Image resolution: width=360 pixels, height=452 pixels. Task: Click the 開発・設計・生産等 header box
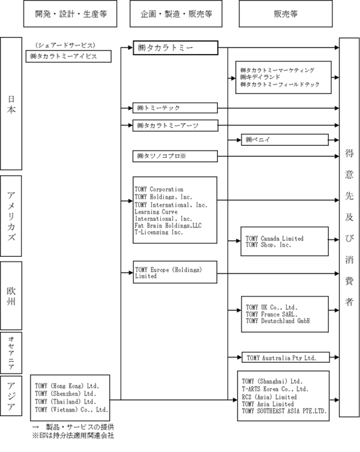(70, 14)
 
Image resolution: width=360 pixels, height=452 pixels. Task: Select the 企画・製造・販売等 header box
(176, 14)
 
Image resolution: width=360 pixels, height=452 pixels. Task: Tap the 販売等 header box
(285, 14)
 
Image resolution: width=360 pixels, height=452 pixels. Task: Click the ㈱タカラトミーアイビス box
(69, 56)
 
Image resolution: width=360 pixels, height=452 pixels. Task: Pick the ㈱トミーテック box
(175, 108)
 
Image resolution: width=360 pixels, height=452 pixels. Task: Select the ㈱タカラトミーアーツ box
(175, 126)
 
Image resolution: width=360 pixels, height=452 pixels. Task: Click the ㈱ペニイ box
(285, 140)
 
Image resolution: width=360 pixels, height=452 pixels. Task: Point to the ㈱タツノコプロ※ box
(175, 156)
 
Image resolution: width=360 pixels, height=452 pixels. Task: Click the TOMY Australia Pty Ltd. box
(285, 357)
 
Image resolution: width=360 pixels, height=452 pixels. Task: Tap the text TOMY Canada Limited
(274, 239)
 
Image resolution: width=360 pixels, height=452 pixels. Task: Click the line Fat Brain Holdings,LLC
(168, 226)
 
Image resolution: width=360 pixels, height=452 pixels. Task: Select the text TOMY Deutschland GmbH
(278, 321)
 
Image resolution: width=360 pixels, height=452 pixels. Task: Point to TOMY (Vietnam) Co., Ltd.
(72, 409)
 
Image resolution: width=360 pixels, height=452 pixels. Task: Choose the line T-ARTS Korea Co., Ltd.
(275, 389)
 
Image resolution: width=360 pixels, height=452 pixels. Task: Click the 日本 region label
(11, 104)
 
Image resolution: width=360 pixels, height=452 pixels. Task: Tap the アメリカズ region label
(11, 216)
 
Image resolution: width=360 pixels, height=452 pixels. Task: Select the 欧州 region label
(11, 296)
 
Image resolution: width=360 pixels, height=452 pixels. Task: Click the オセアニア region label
(11, 353)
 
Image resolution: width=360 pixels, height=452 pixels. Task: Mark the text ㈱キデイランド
(260, 77)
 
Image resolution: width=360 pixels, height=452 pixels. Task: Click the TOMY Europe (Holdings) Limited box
(175, 272)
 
